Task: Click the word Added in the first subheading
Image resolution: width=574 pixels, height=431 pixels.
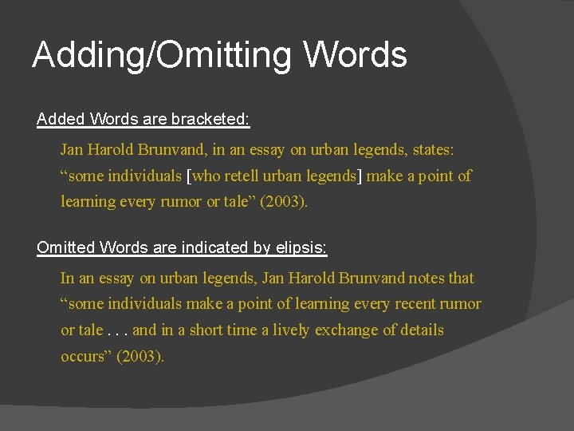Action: click(x=61, y=120)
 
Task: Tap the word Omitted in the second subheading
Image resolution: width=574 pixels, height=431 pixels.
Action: click(x=65, y=247)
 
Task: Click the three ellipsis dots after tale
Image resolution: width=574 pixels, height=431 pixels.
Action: click(x=117, y=330)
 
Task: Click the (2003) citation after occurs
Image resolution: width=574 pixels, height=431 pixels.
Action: click(x=141, y=356)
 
